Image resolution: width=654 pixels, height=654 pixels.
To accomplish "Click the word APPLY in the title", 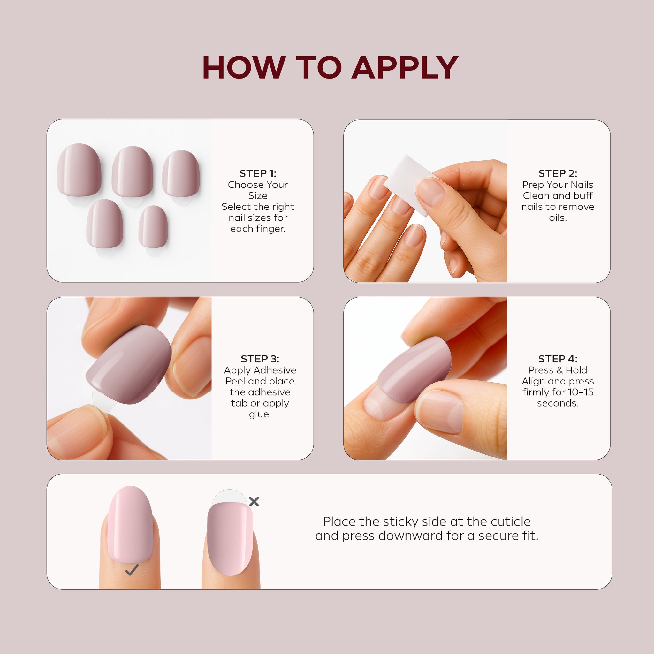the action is click(x=405, y=68).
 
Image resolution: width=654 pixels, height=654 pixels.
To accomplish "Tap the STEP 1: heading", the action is click(x=258, y=174).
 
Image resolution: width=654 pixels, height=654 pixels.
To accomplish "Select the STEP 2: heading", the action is click(x=558, y=174).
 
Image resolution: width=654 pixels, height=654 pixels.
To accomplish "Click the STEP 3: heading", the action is click(x=260, y=359).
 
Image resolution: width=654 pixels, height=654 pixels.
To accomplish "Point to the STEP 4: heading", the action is click(x=558, y=359).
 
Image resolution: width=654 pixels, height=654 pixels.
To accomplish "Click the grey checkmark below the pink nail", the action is click(x=132, y=570).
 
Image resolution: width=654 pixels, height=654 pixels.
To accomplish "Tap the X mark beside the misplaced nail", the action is click(x=254, y=501).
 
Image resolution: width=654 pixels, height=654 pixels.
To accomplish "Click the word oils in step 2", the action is click(x=558, y=218).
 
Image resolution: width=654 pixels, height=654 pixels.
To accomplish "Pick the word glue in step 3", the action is click(x=260, y=414).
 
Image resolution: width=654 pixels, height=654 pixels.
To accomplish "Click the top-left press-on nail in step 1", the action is click(x=79, y=170).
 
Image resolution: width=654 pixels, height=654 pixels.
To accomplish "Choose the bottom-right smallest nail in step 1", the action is click(x=153, y=226).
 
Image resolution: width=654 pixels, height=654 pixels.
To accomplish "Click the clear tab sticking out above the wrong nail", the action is click(x=230, y=497).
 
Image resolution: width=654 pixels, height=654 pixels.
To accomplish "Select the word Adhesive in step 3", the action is click(x=276, y=370).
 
